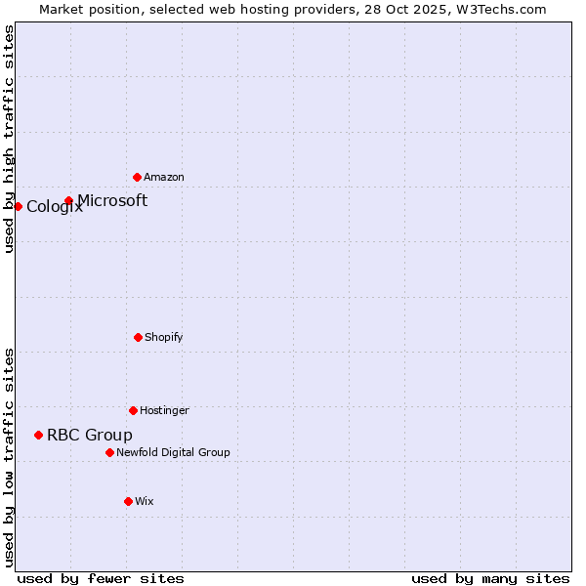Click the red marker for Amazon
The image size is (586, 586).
click(137, 177)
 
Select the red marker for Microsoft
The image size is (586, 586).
click(68, 201)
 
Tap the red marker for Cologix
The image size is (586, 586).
click(18, 206)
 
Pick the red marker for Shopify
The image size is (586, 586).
click(138, 337)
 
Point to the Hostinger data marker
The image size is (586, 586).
click(133, 410)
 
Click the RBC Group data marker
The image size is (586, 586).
click(38, 435)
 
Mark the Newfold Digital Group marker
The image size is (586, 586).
click(109, 452)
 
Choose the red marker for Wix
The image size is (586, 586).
click(128, 501)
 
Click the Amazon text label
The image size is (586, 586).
click(164, 178)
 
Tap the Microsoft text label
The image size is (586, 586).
click(112, 201)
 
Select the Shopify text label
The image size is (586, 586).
click(164, 338)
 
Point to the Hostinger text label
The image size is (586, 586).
click(164, 411)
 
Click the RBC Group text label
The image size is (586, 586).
click(90, 436)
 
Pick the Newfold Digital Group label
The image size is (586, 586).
click(173, 453)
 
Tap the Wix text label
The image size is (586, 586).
click(145, 502)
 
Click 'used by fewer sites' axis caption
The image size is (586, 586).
click(101, 579)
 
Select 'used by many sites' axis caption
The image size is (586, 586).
click(490, 579)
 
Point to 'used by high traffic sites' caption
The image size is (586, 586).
click(10, 139)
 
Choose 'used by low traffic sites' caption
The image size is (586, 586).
click(10, 457)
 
